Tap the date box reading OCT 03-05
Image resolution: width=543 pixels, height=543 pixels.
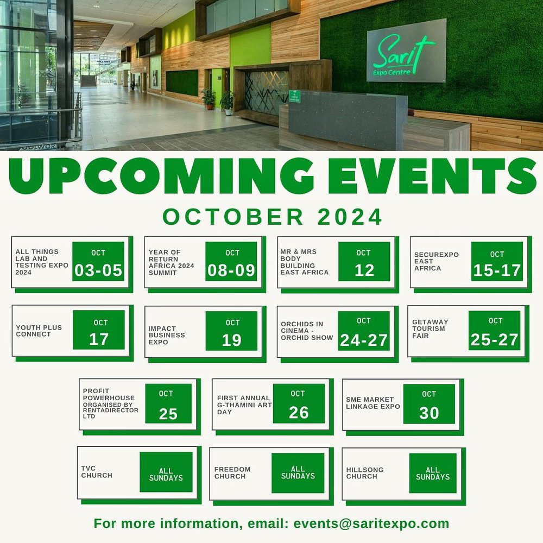coord(98,261)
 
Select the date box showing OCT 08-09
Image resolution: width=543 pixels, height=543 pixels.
coord(231,261)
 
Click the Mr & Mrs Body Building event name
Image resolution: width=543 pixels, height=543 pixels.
coord(305,262)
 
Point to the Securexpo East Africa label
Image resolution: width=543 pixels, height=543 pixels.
coord(437,262)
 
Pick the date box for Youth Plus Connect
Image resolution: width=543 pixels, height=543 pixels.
coord(99,330)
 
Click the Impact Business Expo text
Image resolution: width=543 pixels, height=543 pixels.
coord(167,335)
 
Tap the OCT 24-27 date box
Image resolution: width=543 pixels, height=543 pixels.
coord(364,331)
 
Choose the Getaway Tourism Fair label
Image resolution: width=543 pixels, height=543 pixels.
coord(430,329)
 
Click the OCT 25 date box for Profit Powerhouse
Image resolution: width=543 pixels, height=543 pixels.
coord(168,403)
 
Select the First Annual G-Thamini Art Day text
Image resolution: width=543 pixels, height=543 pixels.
coord(244,405)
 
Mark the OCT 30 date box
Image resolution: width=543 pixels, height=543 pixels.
coord(429,404)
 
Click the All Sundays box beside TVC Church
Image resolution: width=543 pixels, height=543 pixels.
coord(166,472)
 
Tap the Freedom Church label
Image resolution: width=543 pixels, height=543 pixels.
coord(232,473)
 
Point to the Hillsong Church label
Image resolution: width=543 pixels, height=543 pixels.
coord(365,473)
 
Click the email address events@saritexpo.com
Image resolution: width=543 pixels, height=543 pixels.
coord(371,523)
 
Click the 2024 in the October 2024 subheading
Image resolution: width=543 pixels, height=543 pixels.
coord(350,217)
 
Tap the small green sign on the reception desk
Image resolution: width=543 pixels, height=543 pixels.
coord(295,96)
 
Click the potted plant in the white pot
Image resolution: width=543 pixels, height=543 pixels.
coord(227,103)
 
